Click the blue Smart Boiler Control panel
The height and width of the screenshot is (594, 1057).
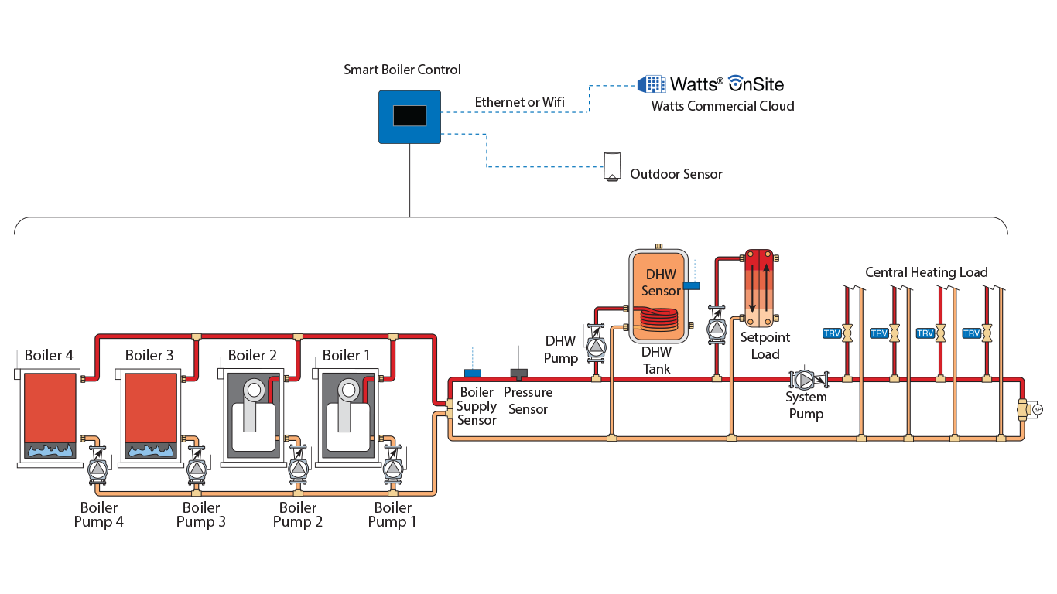click(x=409, y=117)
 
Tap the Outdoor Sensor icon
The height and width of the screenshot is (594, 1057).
click(x=613, y=166)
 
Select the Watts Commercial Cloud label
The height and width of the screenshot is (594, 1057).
click(x=722, y=106)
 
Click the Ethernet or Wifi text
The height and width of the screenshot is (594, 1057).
click(x=519, y=102)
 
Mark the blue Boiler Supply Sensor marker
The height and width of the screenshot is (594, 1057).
click(x=471, y=374)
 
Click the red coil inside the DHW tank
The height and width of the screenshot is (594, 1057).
click(x=655, y=317)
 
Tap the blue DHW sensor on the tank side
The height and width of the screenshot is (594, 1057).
click(x=692, y=285)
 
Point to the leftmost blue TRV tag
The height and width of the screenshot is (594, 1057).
click(x=832, y=333)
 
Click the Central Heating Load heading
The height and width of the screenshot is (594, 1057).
click(x=925, y=272)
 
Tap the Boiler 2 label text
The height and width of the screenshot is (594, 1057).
click(x=252, y=356)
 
